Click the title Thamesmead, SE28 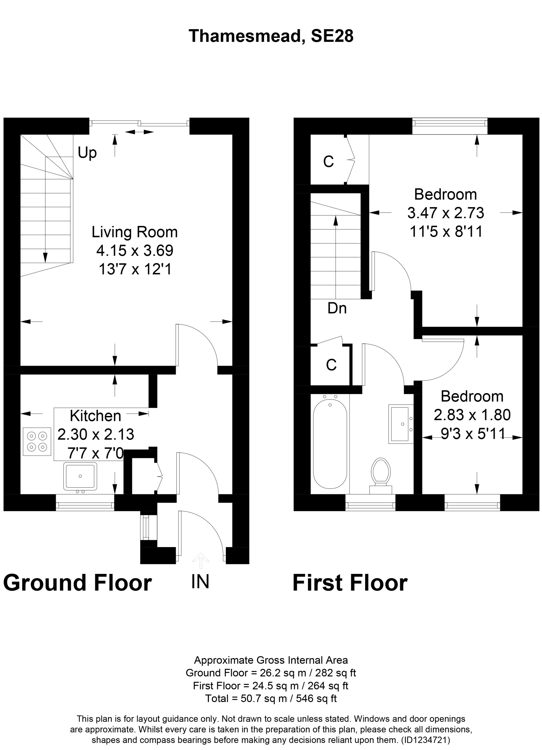point(271,36)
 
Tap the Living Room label point(134,232)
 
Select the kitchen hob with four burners point(37,442)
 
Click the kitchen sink point(80,476)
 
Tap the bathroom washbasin point(400,424)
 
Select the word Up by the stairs point(87,153)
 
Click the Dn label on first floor point(337,308)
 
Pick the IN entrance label point(200,581)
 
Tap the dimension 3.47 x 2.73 point(445,213)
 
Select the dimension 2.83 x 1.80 point(472,415)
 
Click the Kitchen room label point(95,416)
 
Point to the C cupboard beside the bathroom point(331,365)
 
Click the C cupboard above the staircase point(328,161)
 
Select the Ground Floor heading point(77,583)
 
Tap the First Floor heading point(350,583)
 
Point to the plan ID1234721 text point(425,739)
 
